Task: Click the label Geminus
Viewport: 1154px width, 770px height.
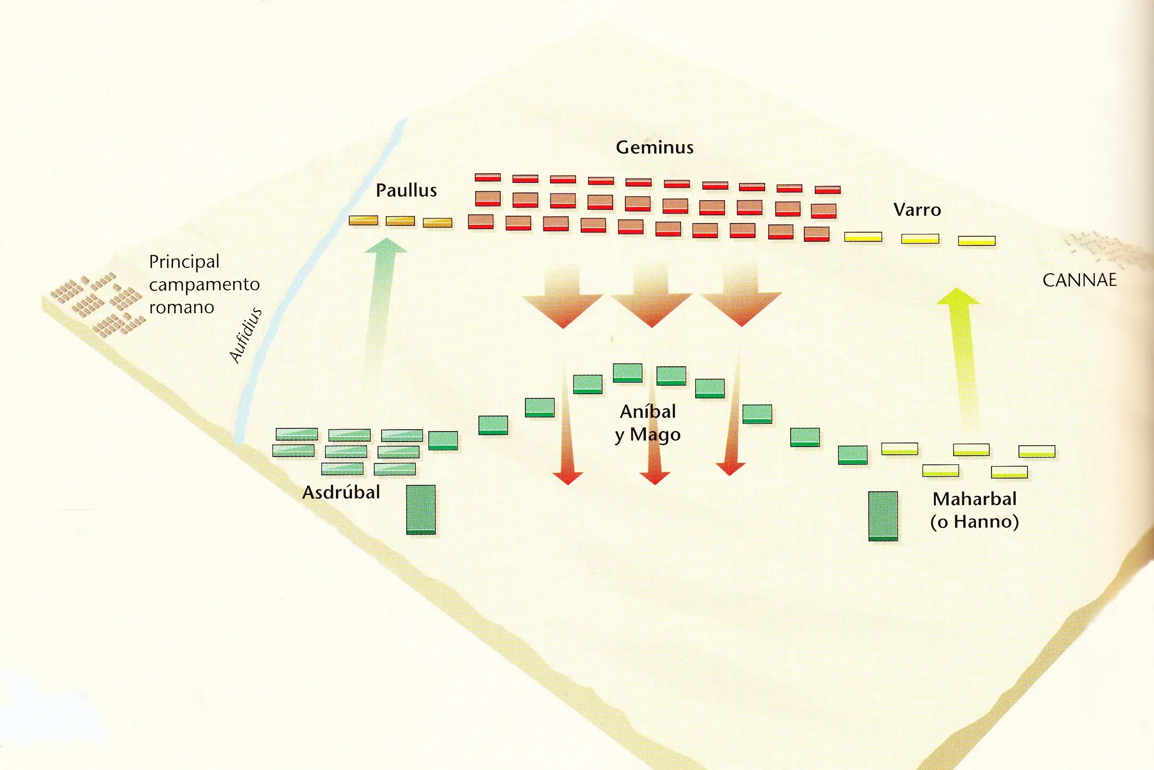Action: click(655, 147)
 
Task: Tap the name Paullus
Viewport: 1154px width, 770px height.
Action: click(406, 191)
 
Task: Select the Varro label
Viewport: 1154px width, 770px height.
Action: click(917, 210)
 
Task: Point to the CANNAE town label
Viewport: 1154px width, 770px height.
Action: click(1079, 281)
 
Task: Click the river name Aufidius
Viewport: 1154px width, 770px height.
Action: click(246, 335)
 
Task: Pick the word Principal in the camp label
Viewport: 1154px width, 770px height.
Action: click(184, 262)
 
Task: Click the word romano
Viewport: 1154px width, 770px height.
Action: click(182, 307)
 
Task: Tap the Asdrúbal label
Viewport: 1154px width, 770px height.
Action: click(341, 493)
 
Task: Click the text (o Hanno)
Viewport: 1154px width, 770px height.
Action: click(975, 521)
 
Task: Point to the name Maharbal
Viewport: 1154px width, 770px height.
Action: click(975, 499)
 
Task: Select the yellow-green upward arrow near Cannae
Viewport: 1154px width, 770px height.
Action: click(960, 359)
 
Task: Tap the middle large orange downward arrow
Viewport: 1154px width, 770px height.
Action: click(651, 295)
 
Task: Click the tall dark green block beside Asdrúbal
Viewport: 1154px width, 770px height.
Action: click(421, 510)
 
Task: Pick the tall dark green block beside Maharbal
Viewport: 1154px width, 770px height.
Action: click(883, 516)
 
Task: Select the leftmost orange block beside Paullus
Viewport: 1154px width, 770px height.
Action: click(363, 220)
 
